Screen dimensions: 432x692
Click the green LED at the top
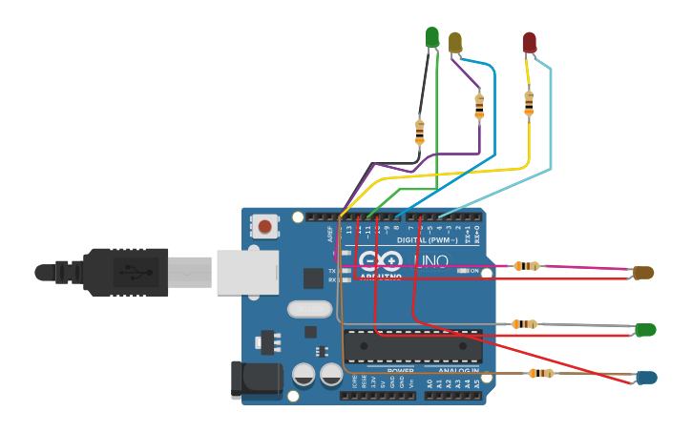[432, 36]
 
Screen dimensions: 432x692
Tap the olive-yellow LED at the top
[455, 42]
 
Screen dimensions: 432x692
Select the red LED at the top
[530, 42]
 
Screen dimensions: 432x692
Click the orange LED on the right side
[644, 273]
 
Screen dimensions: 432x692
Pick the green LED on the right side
[646, 330]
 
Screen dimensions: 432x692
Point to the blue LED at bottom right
[646, 378]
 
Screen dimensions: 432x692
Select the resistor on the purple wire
[479, 106]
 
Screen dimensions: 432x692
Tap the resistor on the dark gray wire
[419, 132]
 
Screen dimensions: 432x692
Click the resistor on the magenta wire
[527, 266]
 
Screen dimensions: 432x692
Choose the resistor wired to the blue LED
[541, 373]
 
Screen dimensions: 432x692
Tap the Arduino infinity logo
[381, 260]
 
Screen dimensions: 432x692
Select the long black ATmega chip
[412, 344]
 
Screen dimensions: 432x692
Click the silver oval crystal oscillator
[309, 309]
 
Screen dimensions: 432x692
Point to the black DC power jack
[256, 380]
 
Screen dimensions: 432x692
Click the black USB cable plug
[124, 272]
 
